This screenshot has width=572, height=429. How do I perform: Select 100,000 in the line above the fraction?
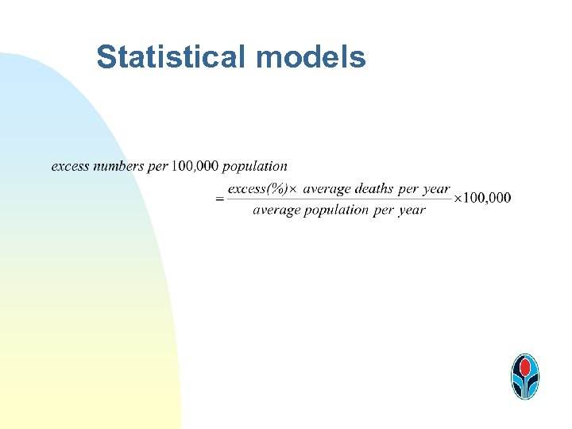pos(195,166)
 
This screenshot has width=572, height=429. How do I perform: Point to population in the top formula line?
pos(255,166)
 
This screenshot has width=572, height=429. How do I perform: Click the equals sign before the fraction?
pos(219,199)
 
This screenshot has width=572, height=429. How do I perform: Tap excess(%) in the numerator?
pos(257,189)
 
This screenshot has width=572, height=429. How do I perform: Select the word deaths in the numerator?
pos(373,189)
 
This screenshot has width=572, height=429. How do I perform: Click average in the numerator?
pos(327,189)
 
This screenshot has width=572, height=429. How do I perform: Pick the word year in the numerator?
pos(436,189)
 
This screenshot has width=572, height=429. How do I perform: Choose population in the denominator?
pos(337,211)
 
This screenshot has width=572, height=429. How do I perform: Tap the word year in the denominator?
pos(412,211)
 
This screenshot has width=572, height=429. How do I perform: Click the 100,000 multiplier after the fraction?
pos(487,198)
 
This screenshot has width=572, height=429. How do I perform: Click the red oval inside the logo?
pos(524,367)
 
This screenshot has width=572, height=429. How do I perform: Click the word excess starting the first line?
pos(70,166)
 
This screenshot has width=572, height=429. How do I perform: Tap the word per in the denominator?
pos(384,211)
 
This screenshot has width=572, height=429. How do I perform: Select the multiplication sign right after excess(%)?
pos(292,189)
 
